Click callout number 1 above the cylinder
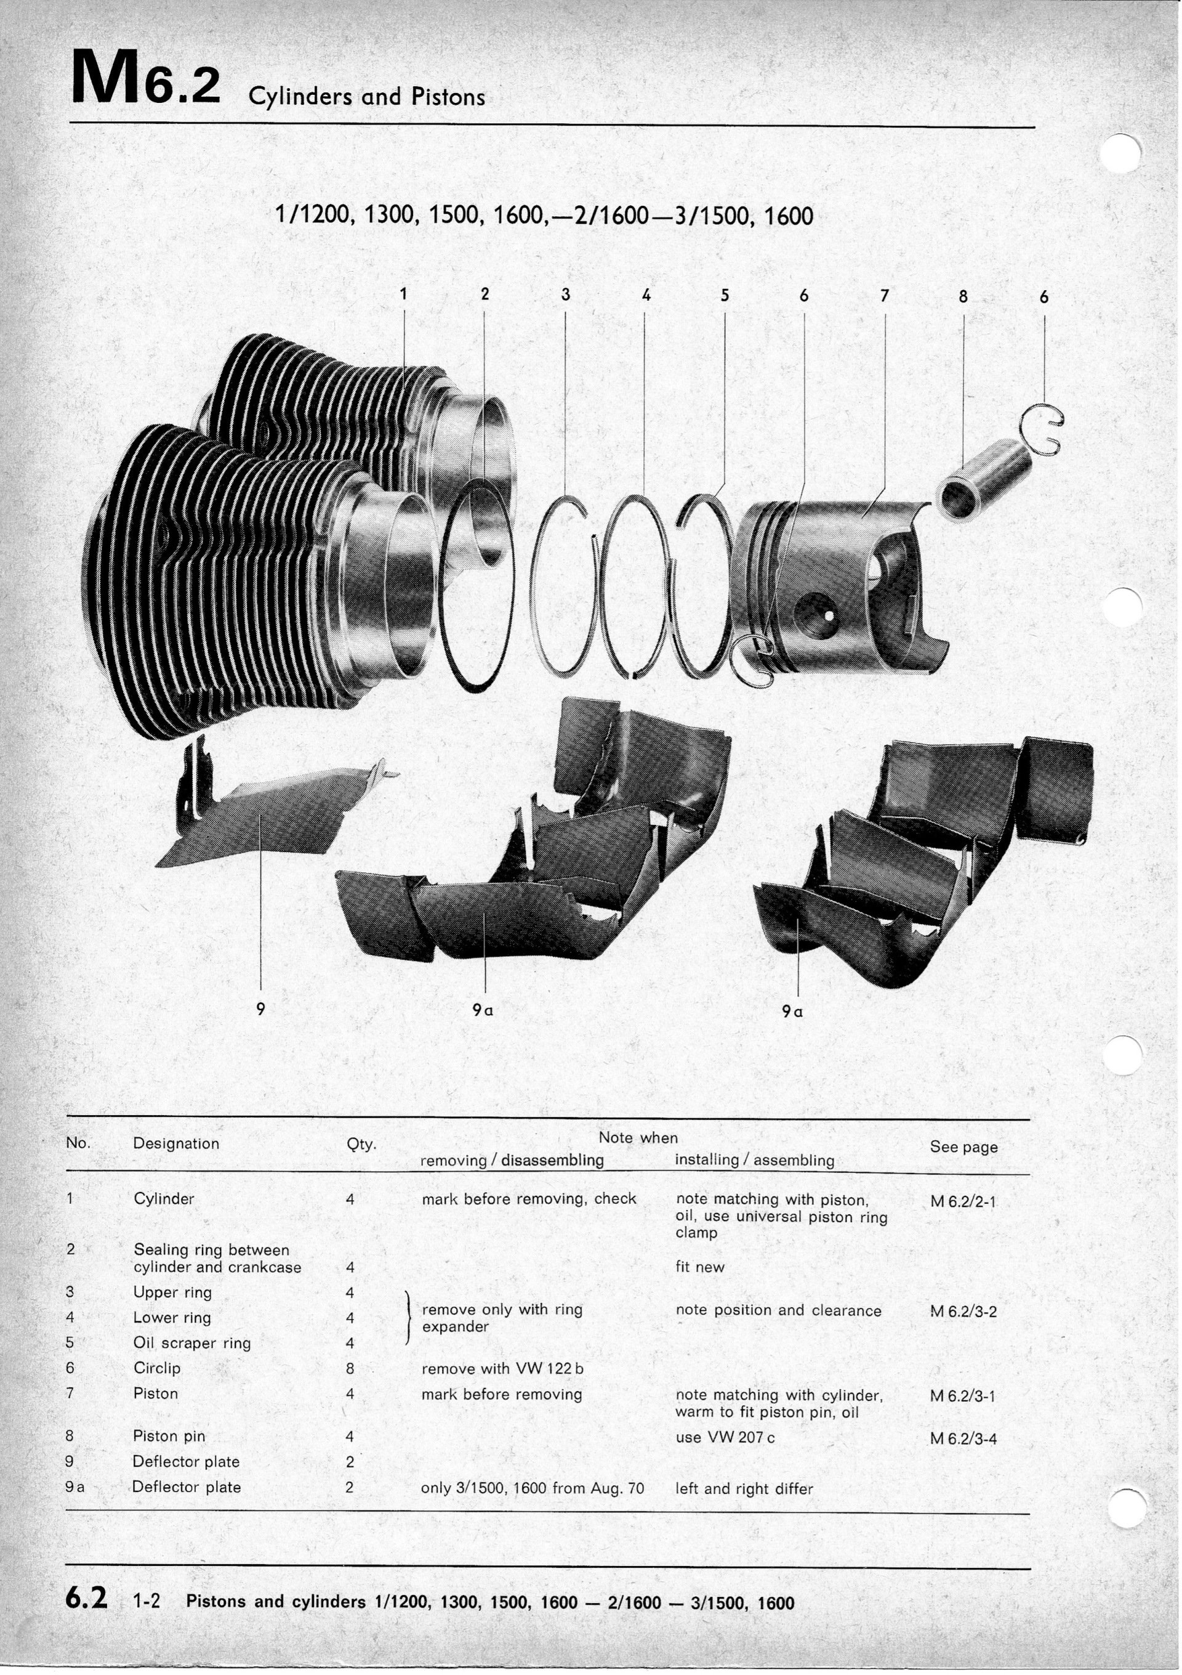403,294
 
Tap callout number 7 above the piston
885,296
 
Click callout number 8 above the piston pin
963,296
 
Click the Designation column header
175,1144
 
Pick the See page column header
963,1147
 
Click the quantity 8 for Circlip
350,1369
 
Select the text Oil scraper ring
192,1343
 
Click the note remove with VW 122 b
502,1369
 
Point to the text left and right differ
744,1489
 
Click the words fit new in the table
700,1267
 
